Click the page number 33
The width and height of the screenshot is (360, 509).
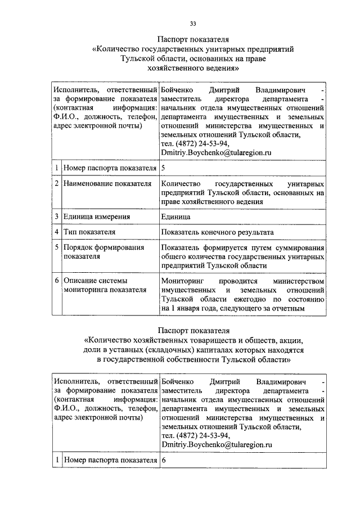pos(193,23)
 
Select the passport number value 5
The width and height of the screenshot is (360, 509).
pos(163,168)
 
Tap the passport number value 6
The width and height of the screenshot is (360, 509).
pos(164,460)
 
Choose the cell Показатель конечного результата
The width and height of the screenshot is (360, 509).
pos(217,232)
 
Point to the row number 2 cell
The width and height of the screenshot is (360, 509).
pos(57,183)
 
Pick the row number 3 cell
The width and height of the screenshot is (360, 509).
pos(57,217)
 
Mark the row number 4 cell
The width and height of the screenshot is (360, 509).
pos(57,232)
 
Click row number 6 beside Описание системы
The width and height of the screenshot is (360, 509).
pos(57,280)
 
